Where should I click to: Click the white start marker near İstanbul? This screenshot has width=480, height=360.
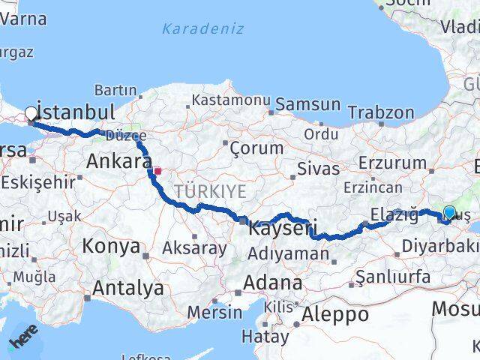[x=31, y=114]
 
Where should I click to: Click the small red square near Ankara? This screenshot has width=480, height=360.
[x=157, y=171]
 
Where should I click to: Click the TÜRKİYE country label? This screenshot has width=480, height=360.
[x=210, y=191]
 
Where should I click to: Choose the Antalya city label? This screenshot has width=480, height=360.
[x=128, y=287]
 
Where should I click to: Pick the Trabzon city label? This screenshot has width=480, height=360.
[x=380, y=113]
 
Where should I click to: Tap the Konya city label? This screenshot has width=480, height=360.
[x=111, y=246]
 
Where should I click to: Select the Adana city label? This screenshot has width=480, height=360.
[x=277, y=283]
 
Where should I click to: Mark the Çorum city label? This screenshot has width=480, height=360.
[x=256, y=148]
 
